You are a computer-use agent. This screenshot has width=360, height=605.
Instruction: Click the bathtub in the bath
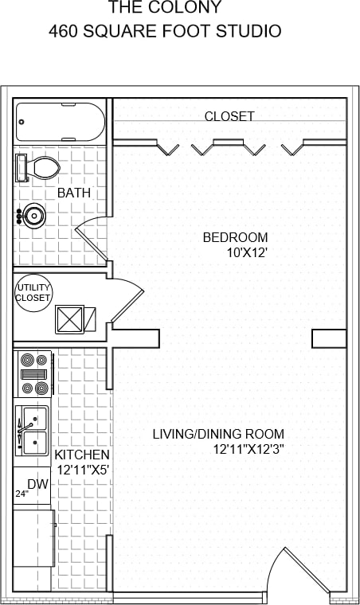tap(61, 122)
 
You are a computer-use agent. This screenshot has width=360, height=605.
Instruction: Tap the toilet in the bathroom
tap(39, 168)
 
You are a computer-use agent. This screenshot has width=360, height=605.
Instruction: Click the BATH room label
tap(73, 193)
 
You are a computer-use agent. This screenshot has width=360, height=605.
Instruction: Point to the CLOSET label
tap(229, 116)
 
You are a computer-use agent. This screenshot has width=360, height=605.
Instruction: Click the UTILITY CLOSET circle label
tap(33, 292)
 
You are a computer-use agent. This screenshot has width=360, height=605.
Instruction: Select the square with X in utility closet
tap(69, 319)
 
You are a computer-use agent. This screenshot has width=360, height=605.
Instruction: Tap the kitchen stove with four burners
tap(34, 373)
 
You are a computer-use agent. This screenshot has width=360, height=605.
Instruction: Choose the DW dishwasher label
tap(37, 483)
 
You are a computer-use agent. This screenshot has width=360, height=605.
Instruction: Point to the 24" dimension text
tap(21, 494)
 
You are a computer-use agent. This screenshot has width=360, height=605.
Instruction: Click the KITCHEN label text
tap(82, 455)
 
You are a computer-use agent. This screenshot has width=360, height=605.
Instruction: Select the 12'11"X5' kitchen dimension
tap(82, 469)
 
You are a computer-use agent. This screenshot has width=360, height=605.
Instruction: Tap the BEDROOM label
tap(235, 237)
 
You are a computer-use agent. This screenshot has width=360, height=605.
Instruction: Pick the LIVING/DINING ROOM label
tap(218, 434)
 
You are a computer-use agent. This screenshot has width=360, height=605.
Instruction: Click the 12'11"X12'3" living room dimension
tap(248, 449)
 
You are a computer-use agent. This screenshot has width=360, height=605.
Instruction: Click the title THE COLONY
tap(165, 9)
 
